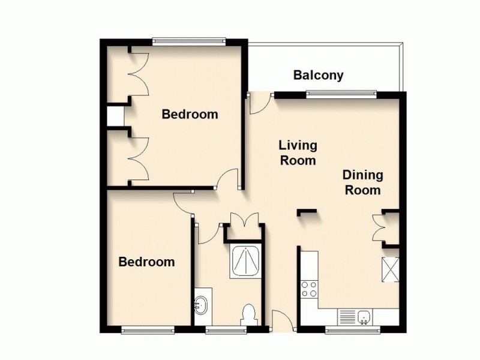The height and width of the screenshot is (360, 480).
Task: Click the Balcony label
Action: (318, 76)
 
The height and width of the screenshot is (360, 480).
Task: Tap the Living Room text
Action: (298, 153)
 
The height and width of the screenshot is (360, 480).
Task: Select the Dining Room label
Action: (362, 182)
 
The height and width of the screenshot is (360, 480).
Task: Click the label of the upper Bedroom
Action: (190, 114)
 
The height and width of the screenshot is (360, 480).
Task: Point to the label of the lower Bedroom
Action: (146, 262)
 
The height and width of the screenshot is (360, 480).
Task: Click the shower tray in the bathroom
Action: (245, 262)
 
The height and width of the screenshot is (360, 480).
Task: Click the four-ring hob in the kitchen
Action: (309, 289)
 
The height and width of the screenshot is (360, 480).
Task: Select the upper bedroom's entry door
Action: (229, 178)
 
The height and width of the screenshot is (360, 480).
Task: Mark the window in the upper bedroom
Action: (188, 41)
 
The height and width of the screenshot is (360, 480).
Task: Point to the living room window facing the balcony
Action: (341, 93)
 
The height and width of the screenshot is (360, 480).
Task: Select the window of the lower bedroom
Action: (148, 329)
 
